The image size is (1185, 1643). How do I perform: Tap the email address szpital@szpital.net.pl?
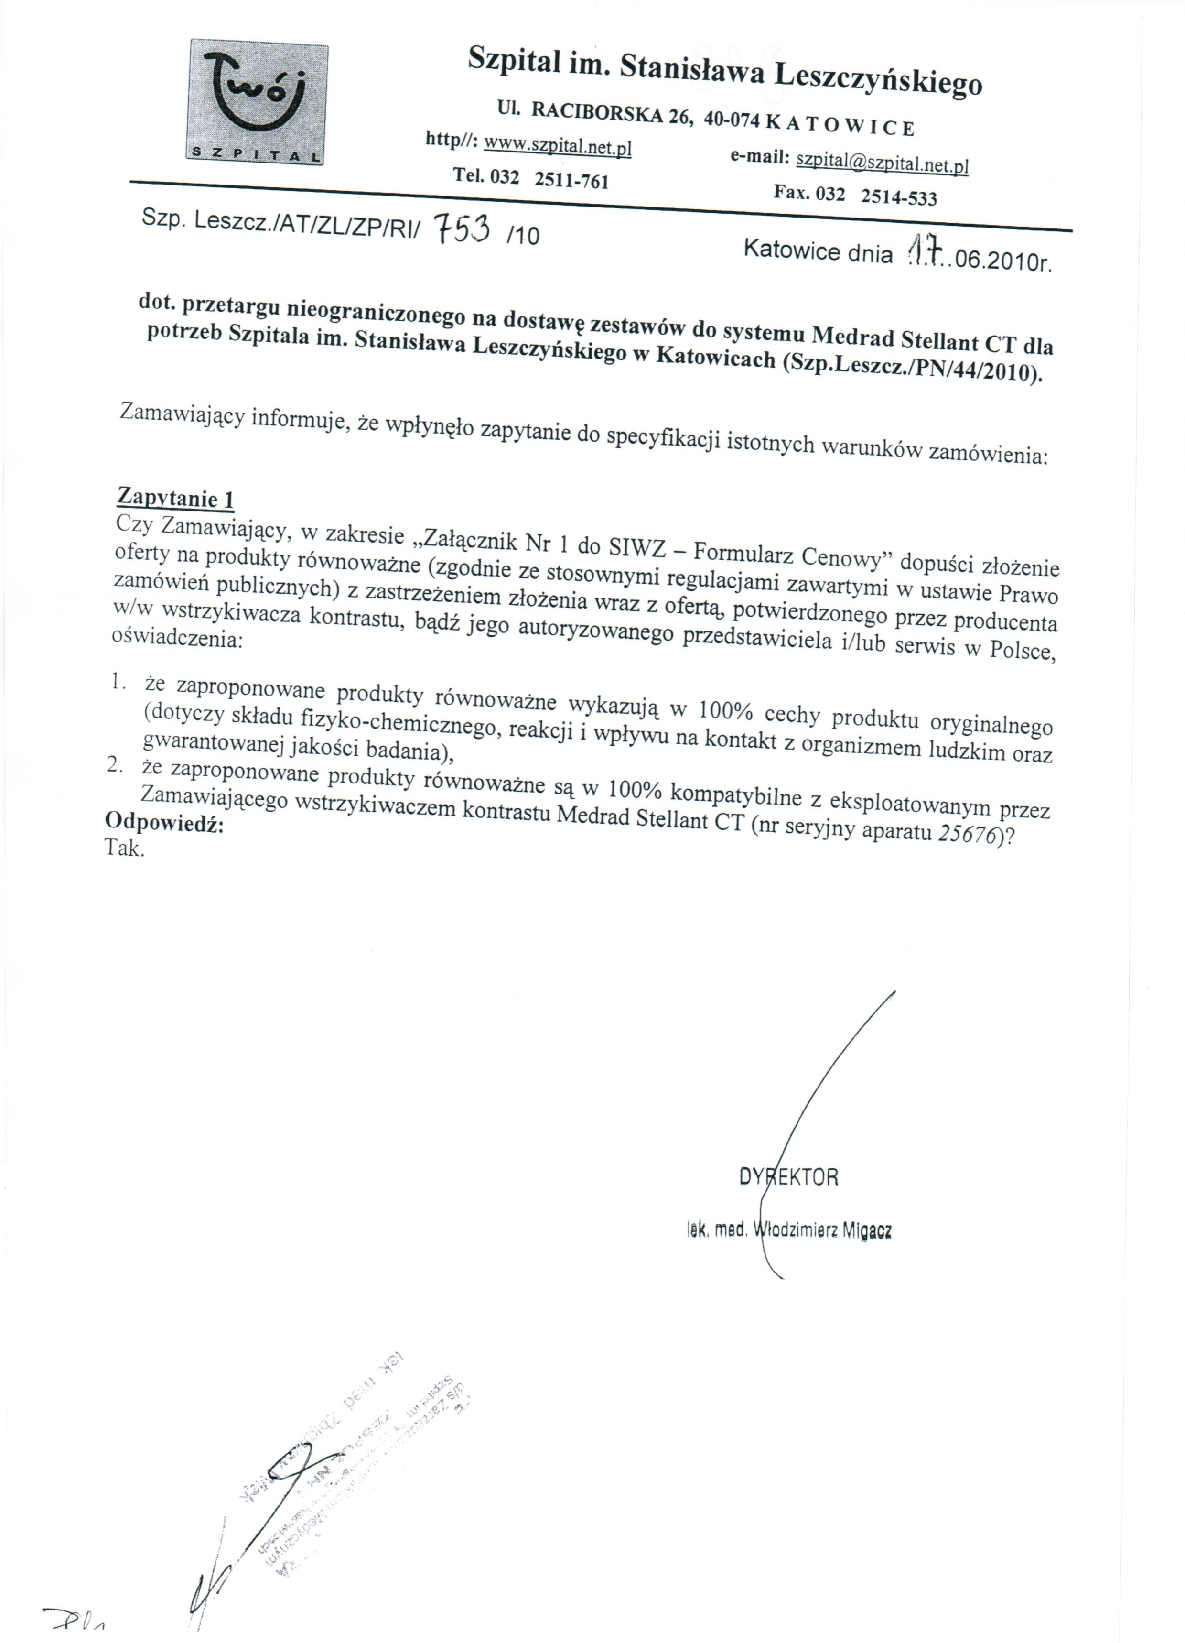tap(882, 163)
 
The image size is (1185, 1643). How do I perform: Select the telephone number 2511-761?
tap(571, 180)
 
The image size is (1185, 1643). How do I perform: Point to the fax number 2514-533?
tap(898, 196)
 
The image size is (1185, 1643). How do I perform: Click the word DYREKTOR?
tap(788, 1177)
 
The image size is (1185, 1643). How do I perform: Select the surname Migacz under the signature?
tap(866, 1230)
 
